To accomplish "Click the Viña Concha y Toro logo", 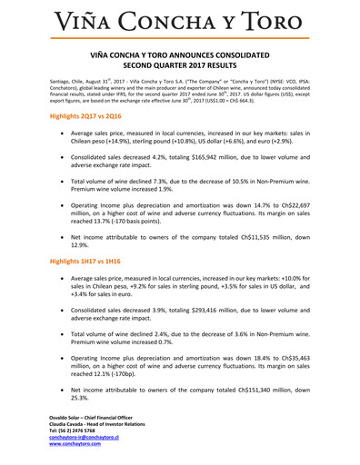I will (180, 20).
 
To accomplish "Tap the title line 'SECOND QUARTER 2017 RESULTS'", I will (180, 67).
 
